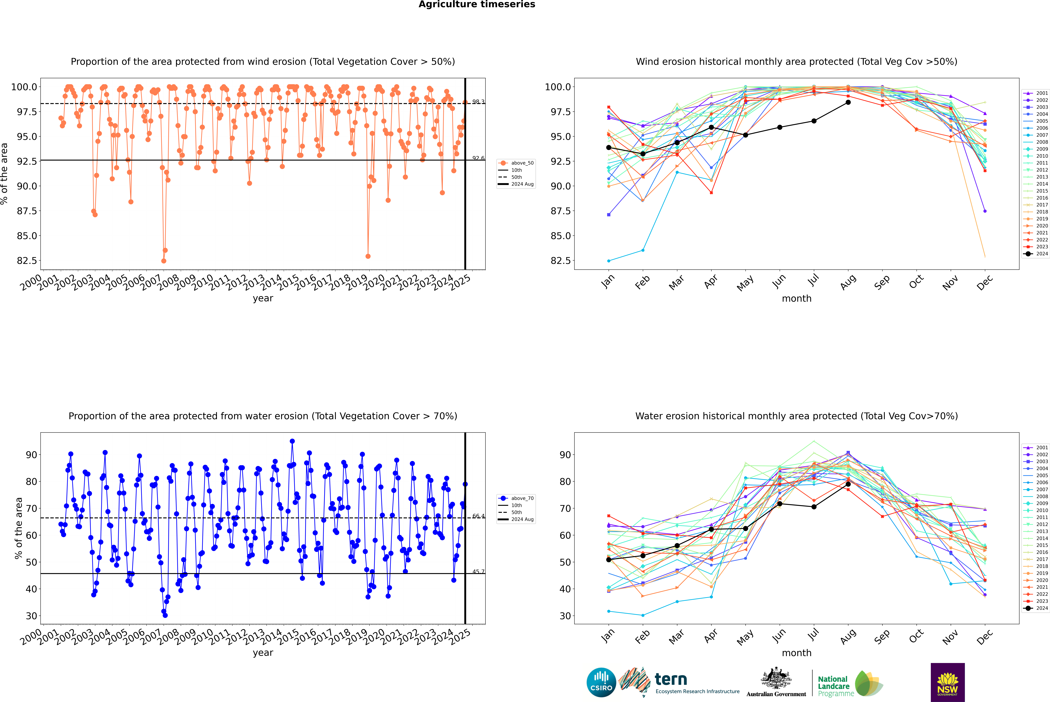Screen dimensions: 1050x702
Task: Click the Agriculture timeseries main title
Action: pos(477,4)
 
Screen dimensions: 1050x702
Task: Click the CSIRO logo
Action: pos(601,682)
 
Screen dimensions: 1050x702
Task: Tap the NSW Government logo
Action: pos(947,682)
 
